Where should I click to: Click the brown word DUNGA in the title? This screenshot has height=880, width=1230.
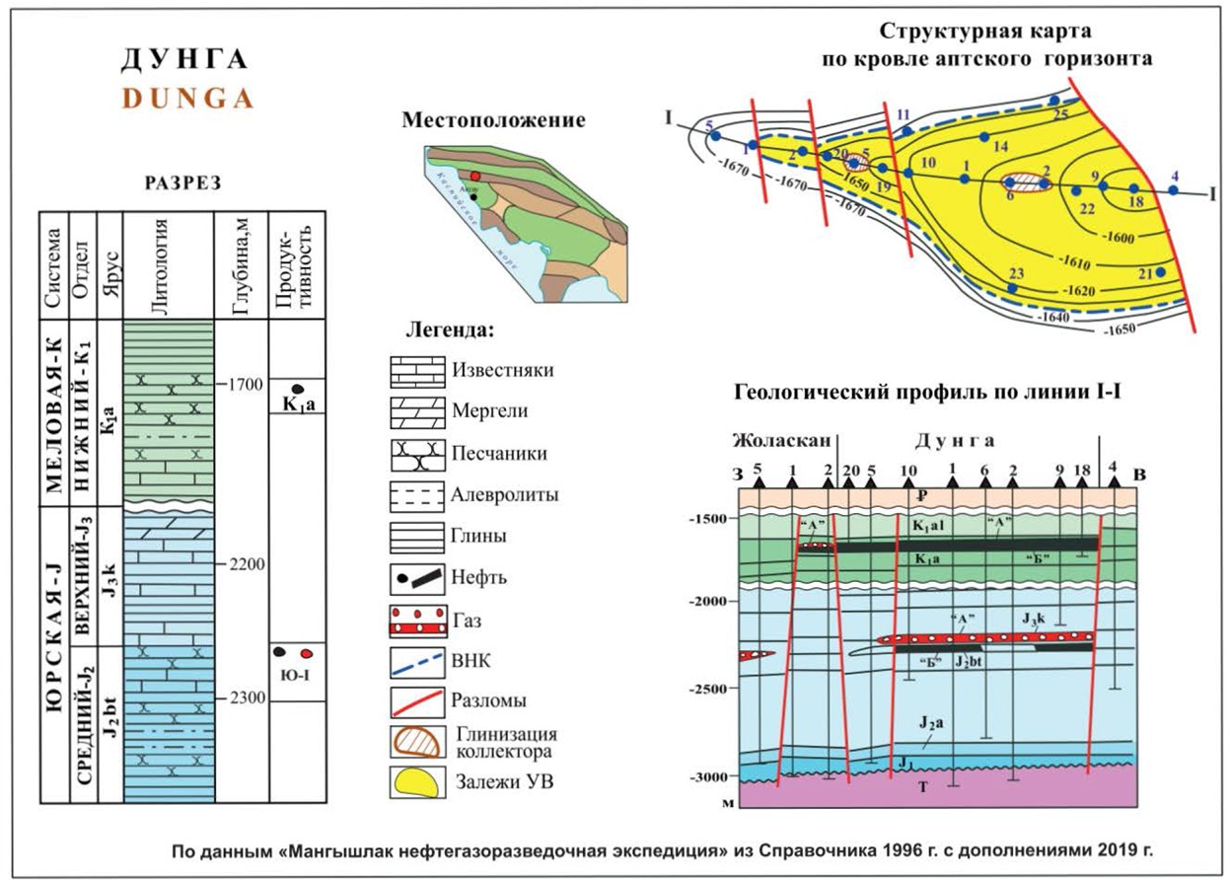point(187,99)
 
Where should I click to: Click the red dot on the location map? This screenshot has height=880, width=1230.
point(474,175)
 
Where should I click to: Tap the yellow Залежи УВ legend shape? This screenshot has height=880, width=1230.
point(412,781)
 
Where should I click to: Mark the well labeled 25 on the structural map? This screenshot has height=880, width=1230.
point(1054,101)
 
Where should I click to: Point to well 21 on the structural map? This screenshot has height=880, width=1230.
point(1161,271)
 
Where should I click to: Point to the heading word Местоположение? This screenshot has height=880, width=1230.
point(493,121)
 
